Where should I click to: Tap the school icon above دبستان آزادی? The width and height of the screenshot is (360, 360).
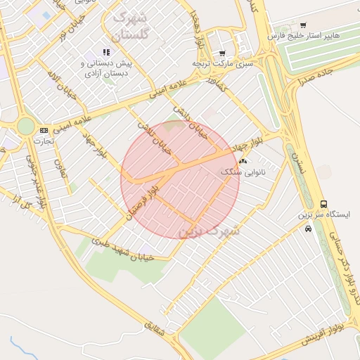click(106, 52)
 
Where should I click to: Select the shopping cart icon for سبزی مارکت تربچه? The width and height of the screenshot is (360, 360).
click(222, 53)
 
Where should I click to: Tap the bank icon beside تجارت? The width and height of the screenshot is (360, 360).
click(44, 130)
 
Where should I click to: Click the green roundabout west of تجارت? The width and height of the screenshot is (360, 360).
click(25, 126)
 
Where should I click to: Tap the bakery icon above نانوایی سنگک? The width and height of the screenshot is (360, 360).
click(243, 161)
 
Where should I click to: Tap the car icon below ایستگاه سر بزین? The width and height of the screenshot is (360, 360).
click(308, 229)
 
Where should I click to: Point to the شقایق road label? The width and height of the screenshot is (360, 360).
click(156, 331)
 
